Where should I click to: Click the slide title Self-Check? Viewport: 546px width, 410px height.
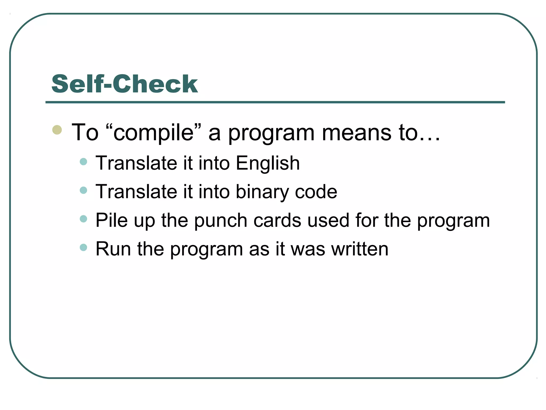[x=125, y=84]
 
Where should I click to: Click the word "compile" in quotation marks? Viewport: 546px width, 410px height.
[x=153, y=133]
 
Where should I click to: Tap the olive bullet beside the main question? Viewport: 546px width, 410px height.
[x=57, y=130]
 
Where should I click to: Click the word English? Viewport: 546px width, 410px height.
[x=268, y=163]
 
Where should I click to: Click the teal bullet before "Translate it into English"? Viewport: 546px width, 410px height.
[x=83, y=161]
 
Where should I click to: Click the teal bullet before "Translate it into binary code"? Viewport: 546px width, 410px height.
[x=83, y=190]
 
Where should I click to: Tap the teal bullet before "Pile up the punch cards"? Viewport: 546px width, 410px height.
[x=83, y=219]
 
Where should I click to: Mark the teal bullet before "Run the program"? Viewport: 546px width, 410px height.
[x=83, y=247]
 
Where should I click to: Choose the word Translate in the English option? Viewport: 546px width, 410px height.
[x=136, y=163]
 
